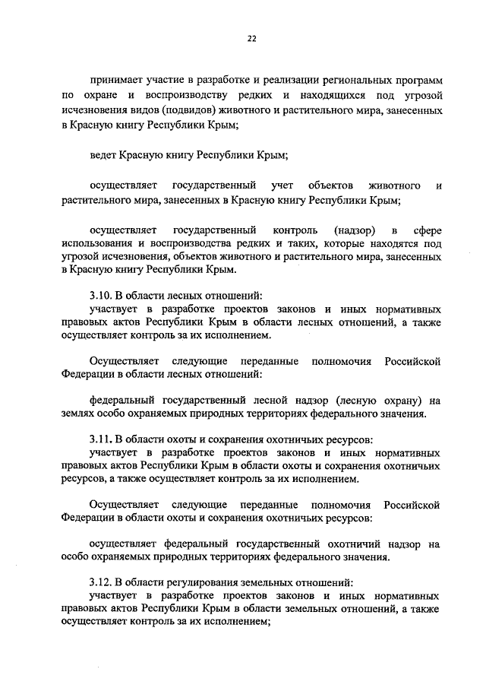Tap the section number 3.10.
tap(102, 296)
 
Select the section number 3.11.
tap(103, 439)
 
